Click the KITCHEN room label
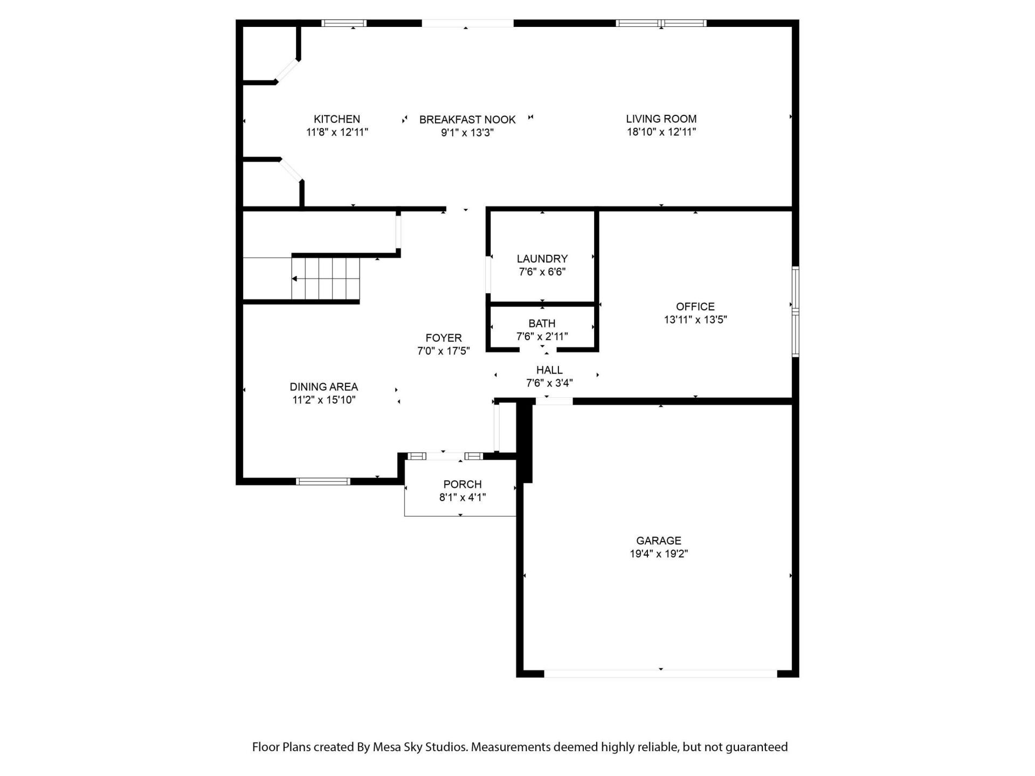coord(337,119)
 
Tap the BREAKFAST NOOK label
coord(467,120)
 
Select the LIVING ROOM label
coord(661,119)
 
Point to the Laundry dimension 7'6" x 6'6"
coord(542,272)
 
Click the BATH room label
coord(542,323)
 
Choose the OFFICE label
coord(695,307)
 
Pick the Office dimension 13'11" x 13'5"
coord(695,320)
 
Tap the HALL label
coord(549,370)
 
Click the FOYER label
coord(443,338)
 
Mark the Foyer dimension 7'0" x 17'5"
coord(443,351)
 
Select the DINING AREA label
coord(323,387)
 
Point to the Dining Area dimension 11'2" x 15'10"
coord(323,400)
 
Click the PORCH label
coord(462,484)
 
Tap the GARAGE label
coord(658,541)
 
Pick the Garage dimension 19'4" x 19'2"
coord(658,554)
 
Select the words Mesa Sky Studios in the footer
coord(419,747)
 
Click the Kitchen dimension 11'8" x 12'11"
coord(337,132)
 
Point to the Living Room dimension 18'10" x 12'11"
coord(661,132)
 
